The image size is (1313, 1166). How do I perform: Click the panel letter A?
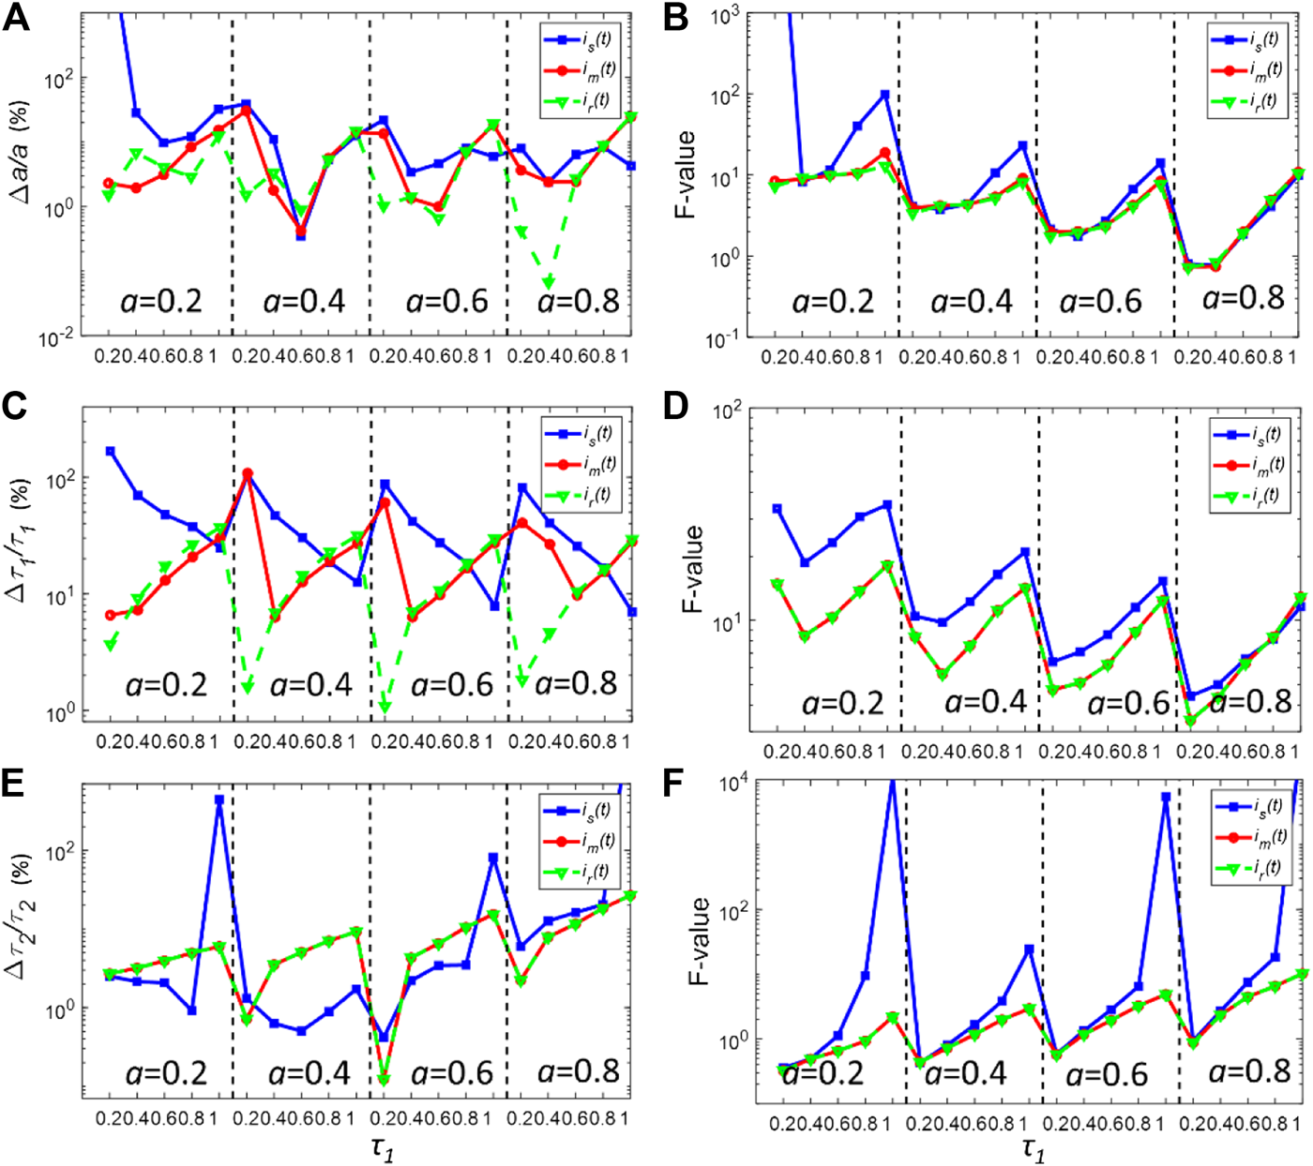pos(16,19)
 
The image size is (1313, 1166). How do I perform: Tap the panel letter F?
pos(676,784)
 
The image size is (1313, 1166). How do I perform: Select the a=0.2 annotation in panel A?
pos(161,302)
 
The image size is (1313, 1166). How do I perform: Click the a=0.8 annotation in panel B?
pos(1243,298)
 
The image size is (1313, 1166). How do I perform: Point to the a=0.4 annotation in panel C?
pos(310,684)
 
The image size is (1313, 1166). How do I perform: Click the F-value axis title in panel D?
pos(692,568)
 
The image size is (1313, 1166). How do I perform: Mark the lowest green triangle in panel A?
pos(548,282)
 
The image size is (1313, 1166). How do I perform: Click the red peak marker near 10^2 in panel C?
pos(248,474)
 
